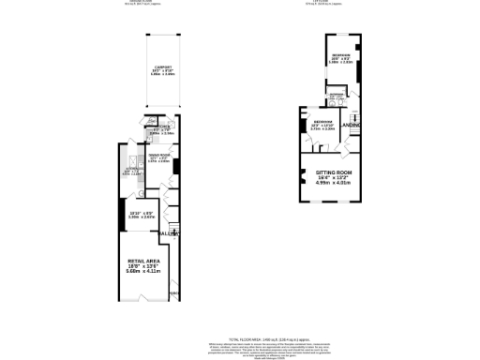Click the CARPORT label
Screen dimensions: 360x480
162,67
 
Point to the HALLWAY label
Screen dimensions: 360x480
168,232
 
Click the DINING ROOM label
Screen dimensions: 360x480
158,155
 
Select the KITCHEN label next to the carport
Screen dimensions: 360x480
160,127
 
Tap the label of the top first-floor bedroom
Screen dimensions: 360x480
341,57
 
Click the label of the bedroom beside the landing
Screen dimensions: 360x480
323,123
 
